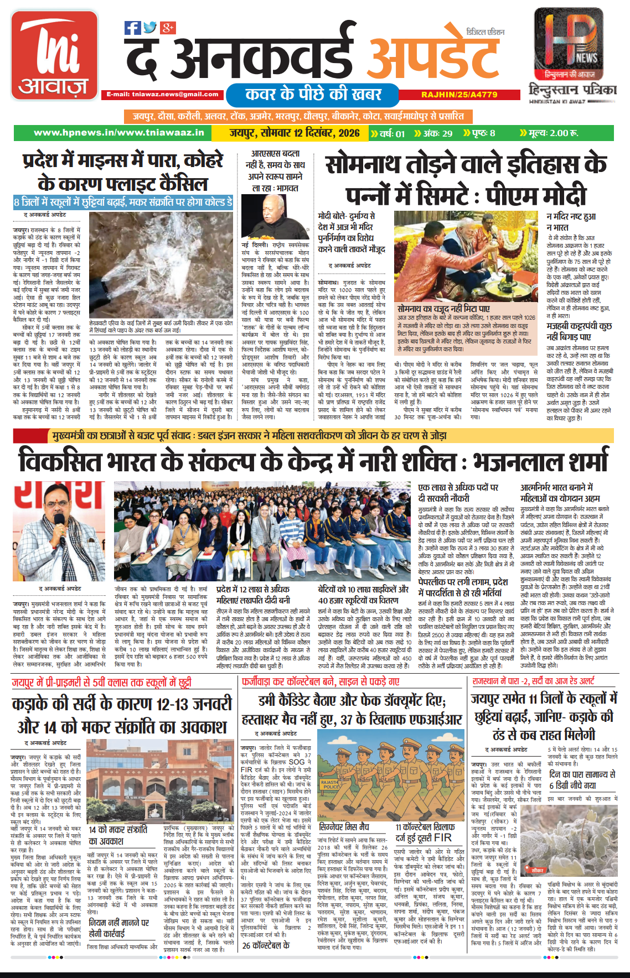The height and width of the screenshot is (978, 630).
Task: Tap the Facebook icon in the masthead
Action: point(132,28)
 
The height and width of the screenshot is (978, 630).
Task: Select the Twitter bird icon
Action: point(150,28)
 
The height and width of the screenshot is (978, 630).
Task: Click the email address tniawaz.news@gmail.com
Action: point(163,95)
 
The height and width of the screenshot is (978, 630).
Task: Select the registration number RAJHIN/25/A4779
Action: point(459,95)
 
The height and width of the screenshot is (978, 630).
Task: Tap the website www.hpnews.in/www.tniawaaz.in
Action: point(119,133)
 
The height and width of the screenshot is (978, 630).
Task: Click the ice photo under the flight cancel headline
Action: point(161,264)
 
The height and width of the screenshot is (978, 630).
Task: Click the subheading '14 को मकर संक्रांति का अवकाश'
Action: point(118,835)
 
